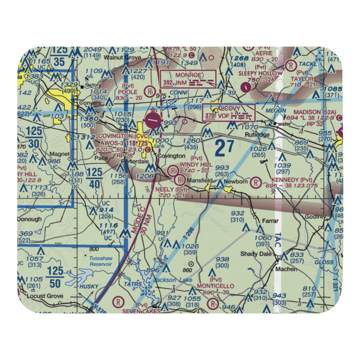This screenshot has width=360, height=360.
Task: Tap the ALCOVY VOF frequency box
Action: tap(234, 112)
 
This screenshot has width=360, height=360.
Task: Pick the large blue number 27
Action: tap(224, 148)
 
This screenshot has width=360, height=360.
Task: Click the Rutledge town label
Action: tap(257, 135)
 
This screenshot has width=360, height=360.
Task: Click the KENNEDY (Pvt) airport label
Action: tap(292, 180)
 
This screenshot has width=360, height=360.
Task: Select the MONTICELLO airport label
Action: tap(215, 286)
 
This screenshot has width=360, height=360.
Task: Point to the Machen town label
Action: tap(286, 269)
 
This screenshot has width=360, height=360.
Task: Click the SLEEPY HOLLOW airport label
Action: tap(261, 73)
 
